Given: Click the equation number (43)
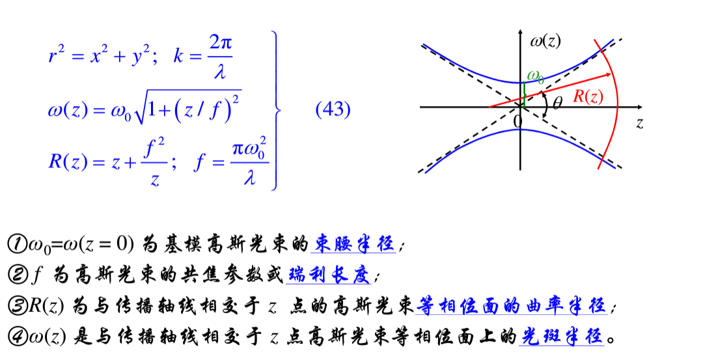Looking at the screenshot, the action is tap(333, 109).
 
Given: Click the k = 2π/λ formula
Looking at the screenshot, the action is tap(203, 56).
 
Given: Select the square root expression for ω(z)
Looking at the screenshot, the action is tap(187, 107).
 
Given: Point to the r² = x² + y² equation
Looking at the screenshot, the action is tap(102, 57).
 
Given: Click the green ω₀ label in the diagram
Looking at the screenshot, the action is tap(535, 77).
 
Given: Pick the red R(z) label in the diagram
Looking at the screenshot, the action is tap(587, 97).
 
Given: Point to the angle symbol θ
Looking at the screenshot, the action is tap(557, 103).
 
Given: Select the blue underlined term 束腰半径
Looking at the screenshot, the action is tap(354, 244).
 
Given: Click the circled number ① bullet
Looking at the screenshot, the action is tap(15, 245).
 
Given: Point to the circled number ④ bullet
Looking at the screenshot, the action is tap(15, 337).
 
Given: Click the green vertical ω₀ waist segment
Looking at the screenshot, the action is tap(523, 94).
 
